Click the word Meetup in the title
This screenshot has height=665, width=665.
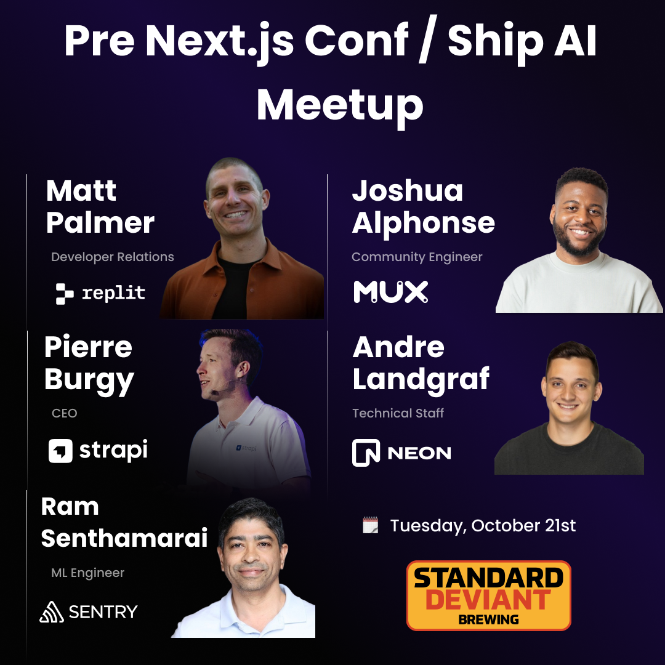point(340,106)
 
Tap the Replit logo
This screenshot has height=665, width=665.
point(100,293)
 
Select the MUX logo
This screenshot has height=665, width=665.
point(390,292)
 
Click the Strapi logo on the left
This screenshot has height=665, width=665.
point(98,450)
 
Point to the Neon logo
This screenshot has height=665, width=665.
point(401,453)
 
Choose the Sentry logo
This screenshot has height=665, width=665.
point(89,611)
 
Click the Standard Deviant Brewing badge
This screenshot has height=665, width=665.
point(488,596)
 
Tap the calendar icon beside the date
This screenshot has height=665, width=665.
point(370,525)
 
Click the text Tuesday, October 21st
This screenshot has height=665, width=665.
point(483,525)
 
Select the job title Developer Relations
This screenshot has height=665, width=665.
point(113,257)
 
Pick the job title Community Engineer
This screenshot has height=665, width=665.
point(417,257)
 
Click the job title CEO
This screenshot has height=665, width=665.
point(65,413)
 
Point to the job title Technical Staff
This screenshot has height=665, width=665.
point(398,413)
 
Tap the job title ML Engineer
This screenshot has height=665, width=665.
point(88,573)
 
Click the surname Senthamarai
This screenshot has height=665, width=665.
point(124,538)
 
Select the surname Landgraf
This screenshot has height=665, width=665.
point(421,379)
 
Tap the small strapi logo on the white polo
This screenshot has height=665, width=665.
point(246,448)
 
